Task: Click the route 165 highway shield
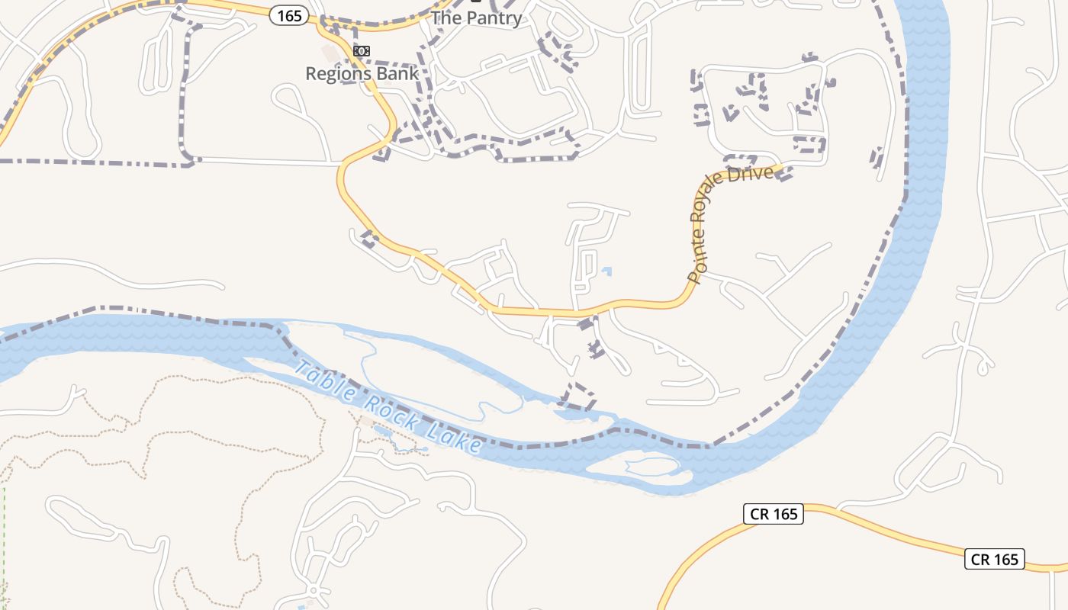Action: pyautogui.click(x=288, y=15)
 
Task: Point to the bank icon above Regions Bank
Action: pyautogui.click(x=362, y=51)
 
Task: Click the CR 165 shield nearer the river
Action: pyautogui.click(x=774, y=514)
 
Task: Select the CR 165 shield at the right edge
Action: pyautogui.click(x=994, y=559)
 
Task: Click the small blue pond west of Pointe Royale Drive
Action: pyautogui.click(x=606, y=270)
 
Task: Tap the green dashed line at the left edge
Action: pyautogui.click(x=3, y=534)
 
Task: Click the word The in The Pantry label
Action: pyautogui.click(x=446, y=18)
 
